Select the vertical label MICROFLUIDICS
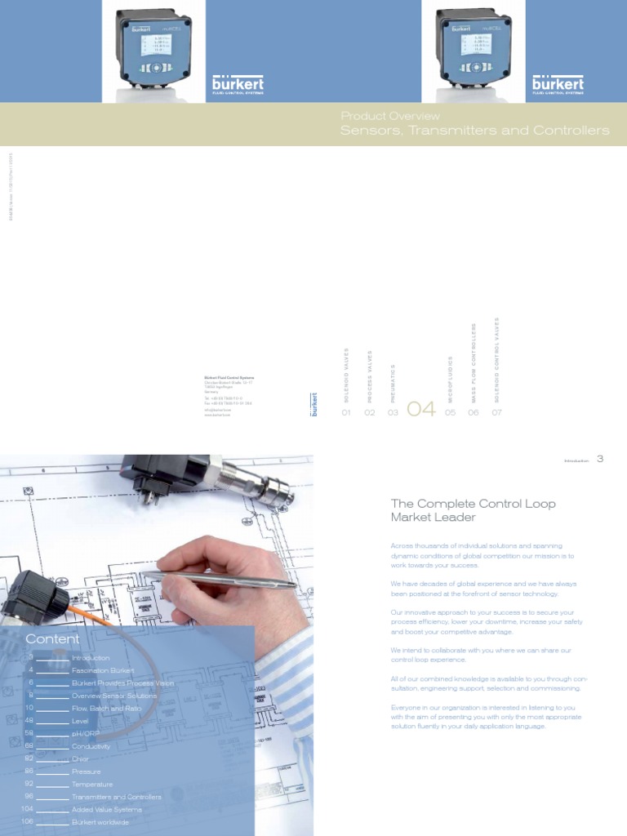[450, 379]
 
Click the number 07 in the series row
[496, 413]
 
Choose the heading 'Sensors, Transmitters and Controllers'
[474, 131]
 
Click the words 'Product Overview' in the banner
[390, 116]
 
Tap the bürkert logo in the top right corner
[558, 85]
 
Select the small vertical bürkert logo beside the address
[314, 405]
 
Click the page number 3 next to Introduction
[600, 459]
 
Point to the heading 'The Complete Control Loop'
[473, 504]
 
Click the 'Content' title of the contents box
[52, 638]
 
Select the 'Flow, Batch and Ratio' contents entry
[106, 708]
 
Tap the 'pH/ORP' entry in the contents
[87, 733]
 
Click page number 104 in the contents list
[27, 809]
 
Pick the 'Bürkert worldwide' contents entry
[100, 822]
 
